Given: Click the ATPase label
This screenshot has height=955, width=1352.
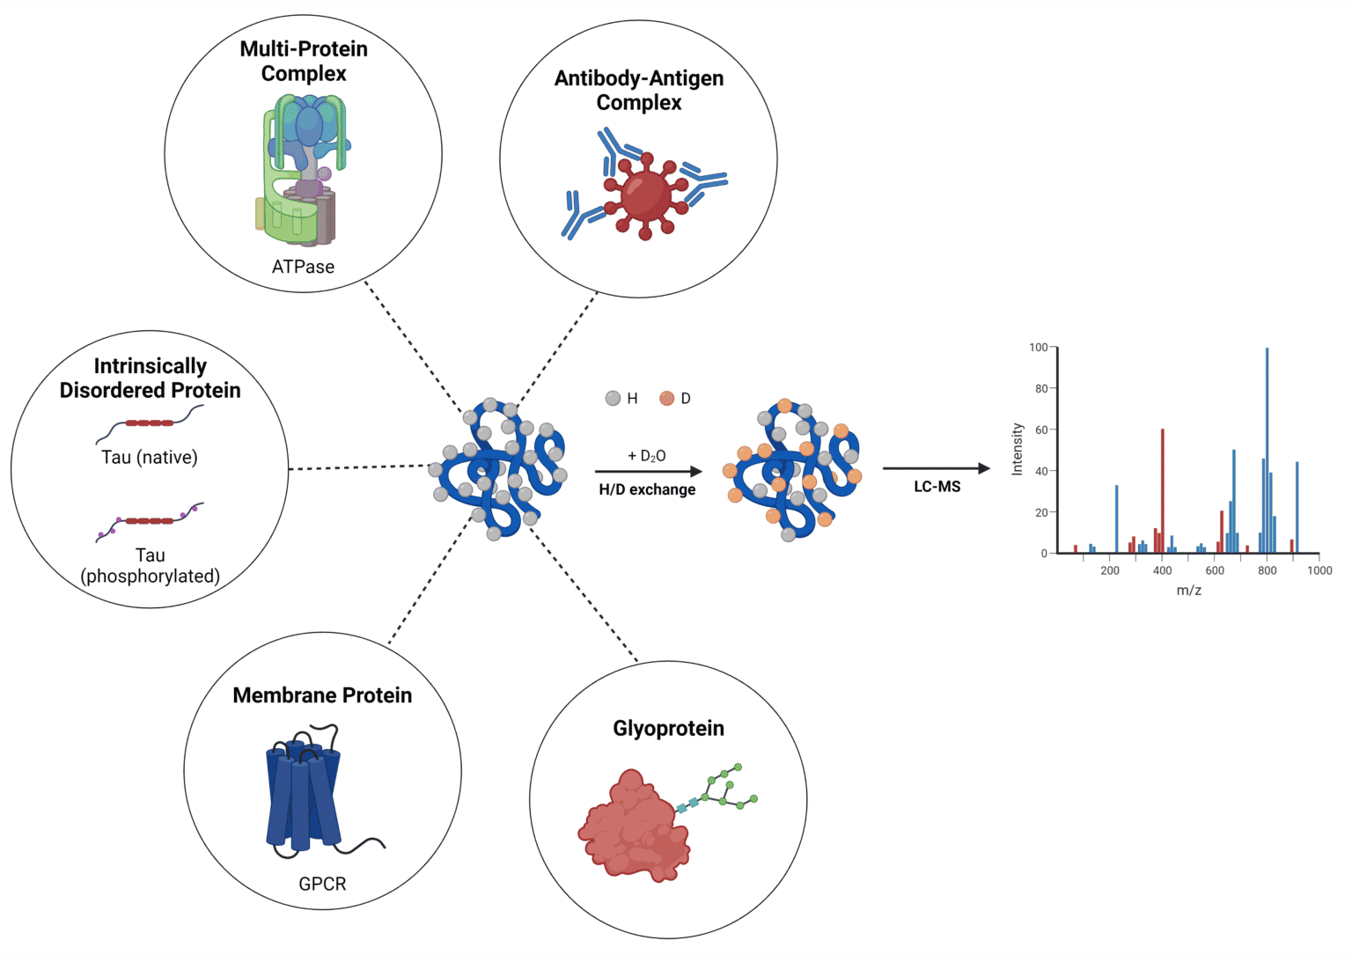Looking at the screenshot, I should click(x=303, y=267).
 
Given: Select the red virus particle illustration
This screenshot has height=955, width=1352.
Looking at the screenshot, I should click(x=645, y=195).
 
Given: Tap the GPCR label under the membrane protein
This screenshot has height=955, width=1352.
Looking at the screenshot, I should click(x=322, y=884).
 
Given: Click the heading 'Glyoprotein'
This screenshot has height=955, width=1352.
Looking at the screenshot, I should click(x=668, y=729).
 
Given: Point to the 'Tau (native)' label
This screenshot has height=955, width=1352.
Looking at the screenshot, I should click(x=150, y=458).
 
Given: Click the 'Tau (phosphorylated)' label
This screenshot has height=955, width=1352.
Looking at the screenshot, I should click(x=150, y=566).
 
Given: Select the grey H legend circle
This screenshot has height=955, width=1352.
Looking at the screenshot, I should click(x=614, y=399).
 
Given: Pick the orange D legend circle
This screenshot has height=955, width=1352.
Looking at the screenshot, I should click(x=666, y=399).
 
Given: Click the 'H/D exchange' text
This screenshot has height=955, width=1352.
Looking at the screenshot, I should click(x=647, y=490).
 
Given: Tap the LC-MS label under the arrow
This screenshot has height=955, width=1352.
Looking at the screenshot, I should click(x=937, y=487).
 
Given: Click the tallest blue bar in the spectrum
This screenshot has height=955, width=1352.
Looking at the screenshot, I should click(x=1267, y=449).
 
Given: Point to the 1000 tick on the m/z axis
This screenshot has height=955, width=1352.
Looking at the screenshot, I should click(x=1319, y=570).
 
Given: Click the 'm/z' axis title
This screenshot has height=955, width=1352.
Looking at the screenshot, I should click(x=1188, y=591).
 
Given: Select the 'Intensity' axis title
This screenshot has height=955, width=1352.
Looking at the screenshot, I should click(x=1018, y=449).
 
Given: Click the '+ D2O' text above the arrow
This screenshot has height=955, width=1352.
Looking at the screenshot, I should click(x=647, y=456).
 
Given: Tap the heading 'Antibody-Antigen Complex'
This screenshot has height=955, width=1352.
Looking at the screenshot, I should click(x=639, y=91).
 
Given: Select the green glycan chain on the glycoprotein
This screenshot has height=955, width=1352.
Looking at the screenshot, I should click(x=726, y=788).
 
